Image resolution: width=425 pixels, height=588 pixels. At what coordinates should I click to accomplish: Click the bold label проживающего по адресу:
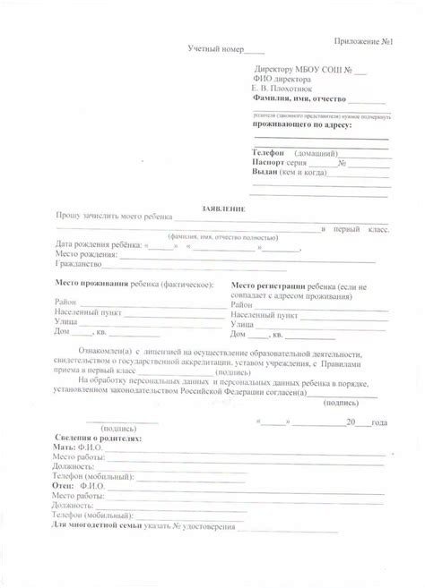point(301,125)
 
